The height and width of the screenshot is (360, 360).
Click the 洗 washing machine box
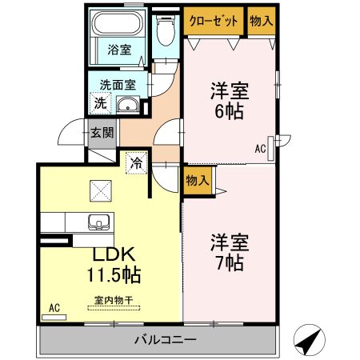100,102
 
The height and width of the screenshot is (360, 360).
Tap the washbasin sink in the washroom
128,105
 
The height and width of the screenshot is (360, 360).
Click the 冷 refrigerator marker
136,162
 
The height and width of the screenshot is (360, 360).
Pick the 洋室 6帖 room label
230,101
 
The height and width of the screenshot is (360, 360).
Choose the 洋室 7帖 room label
228,250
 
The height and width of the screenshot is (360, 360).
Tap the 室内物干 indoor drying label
113,302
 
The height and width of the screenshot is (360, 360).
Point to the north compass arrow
307,339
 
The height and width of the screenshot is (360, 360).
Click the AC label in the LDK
54,307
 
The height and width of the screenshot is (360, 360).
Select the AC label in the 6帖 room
261,148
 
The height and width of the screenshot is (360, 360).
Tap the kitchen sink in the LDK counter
101,221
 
